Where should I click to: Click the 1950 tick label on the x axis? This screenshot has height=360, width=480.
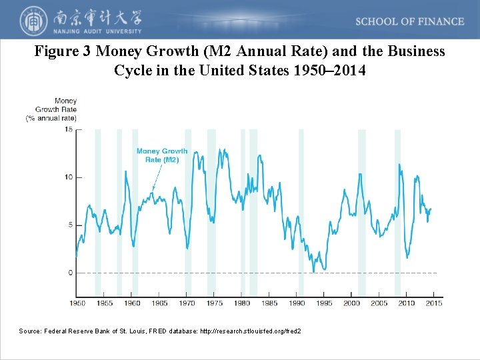pos(77,303)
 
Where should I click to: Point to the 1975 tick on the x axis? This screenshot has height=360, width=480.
pos(214,303)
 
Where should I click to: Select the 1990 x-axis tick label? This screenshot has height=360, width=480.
pos(297,303)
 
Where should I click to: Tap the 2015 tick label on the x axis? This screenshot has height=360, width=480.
pos(434,303)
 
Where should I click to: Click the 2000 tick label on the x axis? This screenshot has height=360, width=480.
pos(351,303)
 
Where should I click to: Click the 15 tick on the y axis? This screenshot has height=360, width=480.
pos(69,130)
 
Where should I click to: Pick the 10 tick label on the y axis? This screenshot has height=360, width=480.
pos(69,177)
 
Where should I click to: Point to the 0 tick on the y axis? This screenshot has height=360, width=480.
pos(70,273)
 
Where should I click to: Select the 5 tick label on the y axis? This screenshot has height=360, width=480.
pos(70,225)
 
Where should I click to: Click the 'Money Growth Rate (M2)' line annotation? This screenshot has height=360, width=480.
pos(162,155)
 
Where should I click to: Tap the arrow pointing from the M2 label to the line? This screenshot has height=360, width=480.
pos(157,178)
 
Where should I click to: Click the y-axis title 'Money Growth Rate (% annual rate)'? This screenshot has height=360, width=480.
pos(52,109)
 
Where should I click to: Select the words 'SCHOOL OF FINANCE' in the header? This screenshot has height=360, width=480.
pos(409,21)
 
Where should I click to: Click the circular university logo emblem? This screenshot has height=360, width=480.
pos(31,21)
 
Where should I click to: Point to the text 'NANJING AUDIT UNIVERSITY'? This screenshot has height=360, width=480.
pos(95,31)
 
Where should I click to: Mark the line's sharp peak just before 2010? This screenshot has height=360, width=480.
pos(399,164)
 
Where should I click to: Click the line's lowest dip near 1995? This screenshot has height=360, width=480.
pos(324,269)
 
